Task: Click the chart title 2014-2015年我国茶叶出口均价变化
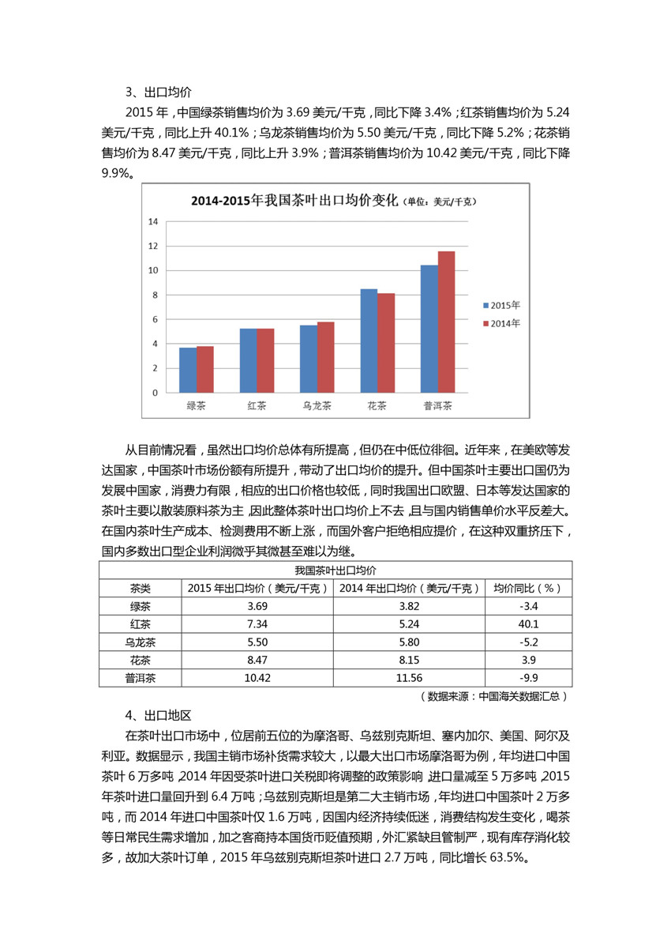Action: [x=294, y=201]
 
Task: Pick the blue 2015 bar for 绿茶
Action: [x=188, y=370]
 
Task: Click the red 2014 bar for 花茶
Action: [x=386, y=343]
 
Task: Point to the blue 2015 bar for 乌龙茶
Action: [x=309, y=359]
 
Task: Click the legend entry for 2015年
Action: [x=500, y=304]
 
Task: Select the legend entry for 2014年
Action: [x=500, y=323]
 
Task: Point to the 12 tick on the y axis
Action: [x=153, y=246]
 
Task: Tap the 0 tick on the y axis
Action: [x=155, y=393]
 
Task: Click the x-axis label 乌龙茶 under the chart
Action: [x=317, y=406]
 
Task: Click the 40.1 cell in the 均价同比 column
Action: [x=528, y=624]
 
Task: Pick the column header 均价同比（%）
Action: [x=528, y=588]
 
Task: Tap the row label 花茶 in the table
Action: [x=140, y=660]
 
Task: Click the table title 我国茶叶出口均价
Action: [x=335, y=570]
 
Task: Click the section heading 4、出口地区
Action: [x=158, y=716]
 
